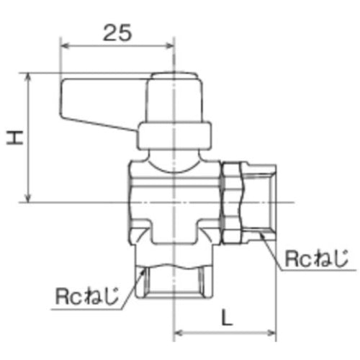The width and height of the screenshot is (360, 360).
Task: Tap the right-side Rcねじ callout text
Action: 316,257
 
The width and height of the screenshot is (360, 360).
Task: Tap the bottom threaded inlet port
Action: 175,287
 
